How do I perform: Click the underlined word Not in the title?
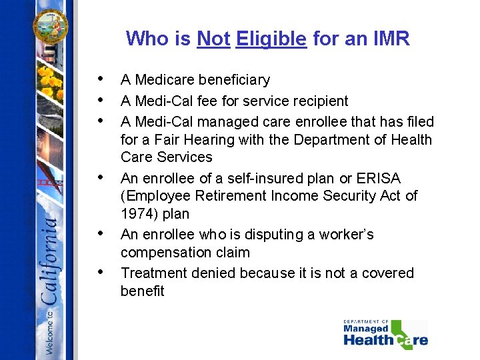[x=213, y=39]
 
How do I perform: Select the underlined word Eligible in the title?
[x=271, y=39]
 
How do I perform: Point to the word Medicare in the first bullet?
[x=166, y=80]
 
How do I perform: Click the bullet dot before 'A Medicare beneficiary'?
[x=99, y=79]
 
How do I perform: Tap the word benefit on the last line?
[x=142, y=291]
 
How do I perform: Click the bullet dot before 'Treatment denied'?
[x=99, y=272]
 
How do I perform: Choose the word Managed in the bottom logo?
[x=365, y=329]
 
